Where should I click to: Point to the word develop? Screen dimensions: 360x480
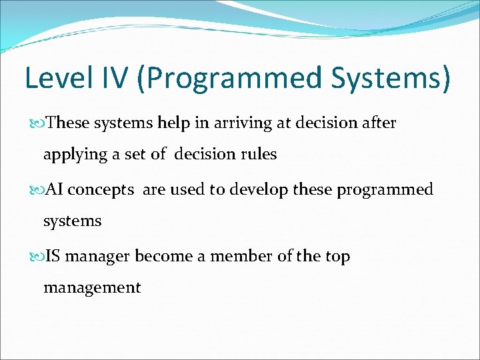(x=254, y=190)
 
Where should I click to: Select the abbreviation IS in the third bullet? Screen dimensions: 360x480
(x=53, y=256)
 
